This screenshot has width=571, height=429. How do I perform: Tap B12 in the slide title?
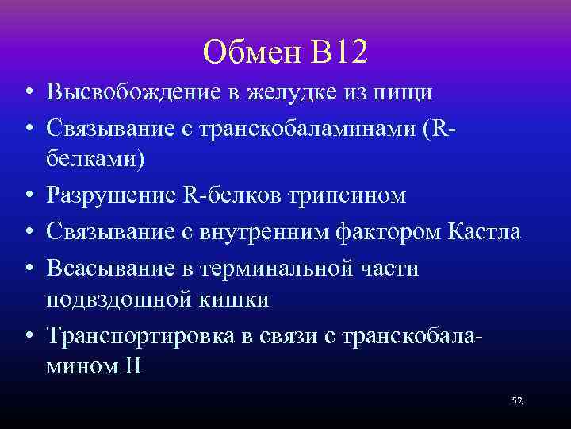[341, 52]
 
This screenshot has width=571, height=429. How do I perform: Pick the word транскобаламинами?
[301, 125]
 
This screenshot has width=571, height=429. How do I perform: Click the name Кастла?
[485, 232]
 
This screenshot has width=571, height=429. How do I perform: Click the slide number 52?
[517, 401]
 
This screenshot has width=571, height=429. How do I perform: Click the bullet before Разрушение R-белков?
[28, 195]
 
